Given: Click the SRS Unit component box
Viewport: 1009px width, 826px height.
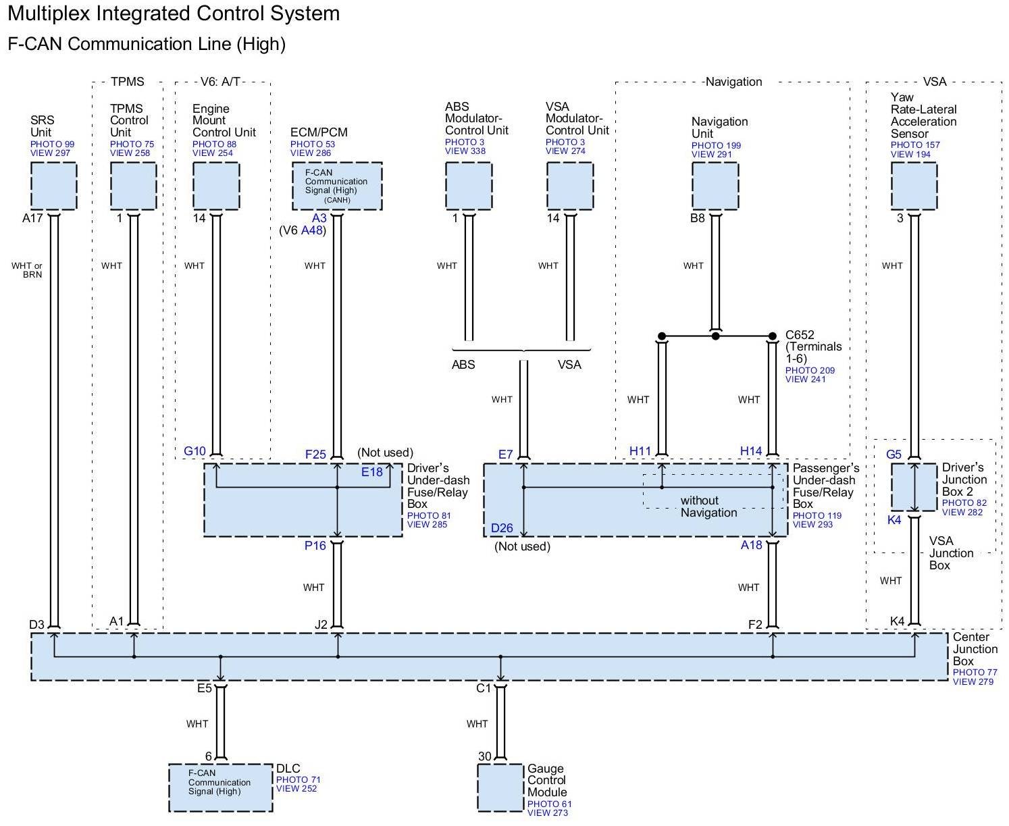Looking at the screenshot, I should click(x=53, y=186).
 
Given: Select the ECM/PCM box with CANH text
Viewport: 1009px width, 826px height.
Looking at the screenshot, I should click(x=337, y=186).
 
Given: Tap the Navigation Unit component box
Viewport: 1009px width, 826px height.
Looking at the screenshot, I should click(x=715, y=186).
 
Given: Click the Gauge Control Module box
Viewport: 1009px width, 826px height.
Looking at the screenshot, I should click(x=500, y=788).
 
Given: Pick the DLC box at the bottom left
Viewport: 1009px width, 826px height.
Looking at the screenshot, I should click(x=220, y=788).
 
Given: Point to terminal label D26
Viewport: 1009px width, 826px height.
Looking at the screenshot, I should click(x=502, y=528).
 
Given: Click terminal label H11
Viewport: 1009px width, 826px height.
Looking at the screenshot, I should click(x=640, y=451).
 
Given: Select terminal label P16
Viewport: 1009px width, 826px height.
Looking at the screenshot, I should click(x=315, y=546).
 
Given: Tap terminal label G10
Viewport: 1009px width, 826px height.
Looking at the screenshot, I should click(x=195, y=451).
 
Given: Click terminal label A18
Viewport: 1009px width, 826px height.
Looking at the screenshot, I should click(x=751, y=546).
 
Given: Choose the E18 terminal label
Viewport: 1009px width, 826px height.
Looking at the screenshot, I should click(x=371, y=472).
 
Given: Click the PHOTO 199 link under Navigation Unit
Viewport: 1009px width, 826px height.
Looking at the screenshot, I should click(x=716, y=146).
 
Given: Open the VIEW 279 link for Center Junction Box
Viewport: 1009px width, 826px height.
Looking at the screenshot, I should click(x=973, y=681).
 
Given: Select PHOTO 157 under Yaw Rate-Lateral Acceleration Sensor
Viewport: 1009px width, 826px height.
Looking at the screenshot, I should click(x=914, y=145).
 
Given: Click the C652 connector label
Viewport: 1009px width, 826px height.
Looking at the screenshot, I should click(x=800, y=335).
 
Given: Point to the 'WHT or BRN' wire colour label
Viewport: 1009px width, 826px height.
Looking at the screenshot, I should click(x=27, y=270).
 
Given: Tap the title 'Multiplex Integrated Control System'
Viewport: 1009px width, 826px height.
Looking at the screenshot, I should click(x=174, y=14).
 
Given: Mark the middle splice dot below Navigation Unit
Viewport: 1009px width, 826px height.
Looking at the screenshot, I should click(x=716, y=336).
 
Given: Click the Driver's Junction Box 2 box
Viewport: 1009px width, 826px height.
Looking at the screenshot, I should click(x=914, y=487).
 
